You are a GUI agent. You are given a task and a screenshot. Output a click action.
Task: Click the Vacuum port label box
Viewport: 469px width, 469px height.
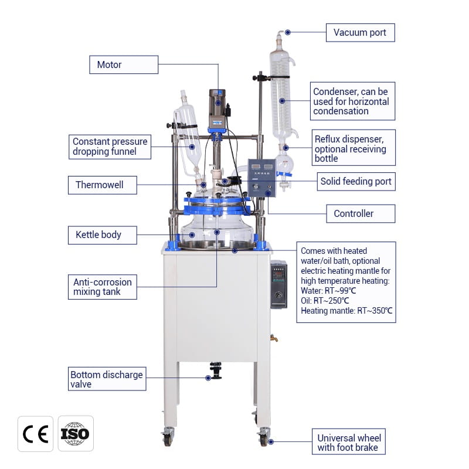360,32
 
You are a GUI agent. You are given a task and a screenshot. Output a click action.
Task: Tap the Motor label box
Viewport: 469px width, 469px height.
123,64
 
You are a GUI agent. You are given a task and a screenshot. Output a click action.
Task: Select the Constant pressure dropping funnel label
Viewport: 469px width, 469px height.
110,147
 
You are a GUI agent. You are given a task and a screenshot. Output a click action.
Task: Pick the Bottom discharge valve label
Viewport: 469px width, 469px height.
106,379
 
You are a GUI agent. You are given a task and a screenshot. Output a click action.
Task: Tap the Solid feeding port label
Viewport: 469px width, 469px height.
355,181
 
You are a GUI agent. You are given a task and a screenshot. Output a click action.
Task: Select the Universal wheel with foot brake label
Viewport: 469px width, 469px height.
349,443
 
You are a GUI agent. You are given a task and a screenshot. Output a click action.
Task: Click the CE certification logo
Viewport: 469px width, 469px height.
35,434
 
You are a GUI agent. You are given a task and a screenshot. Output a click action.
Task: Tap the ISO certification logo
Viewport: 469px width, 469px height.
76,434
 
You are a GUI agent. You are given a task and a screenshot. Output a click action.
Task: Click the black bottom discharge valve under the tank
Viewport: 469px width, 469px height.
216,371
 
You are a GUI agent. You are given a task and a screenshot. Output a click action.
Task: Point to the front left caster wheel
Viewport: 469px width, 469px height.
169,437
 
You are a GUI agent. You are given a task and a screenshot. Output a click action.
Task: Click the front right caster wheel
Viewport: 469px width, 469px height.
264,437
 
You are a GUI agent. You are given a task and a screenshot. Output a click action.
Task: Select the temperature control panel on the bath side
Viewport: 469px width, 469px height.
278,284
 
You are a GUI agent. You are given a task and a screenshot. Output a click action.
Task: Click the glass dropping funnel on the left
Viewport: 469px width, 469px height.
186,138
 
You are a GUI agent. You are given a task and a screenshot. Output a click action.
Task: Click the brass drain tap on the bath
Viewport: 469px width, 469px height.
273,338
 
